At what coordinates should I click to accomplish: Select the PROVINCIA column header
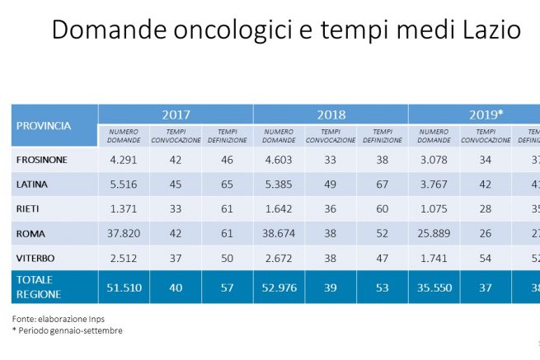[44, 126]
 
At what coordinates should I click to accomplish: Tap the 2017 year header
[176, 115]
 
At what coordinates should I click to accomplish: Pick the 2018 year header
[331, 115]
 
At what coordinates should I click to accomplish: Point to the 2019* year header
[486, 115]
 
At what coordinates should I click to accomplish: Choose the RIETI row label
[28, 209]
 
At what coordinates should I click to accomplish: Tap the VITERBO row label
[35, 259]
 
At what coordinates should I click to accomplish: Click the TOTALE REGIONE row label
[37, 286]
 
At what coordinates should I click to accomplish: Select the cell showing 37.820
[124, 234]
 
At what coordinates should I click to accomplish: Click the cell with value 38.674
[279, 234]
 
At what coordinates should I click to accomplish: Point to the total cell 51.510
[124, 286]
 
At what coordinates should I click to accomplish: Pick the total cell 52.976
[279, 286]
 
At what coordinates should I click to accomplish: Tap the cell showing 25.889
[434, 234]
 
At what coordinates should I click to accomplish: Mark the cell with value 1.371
[124, 209]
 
